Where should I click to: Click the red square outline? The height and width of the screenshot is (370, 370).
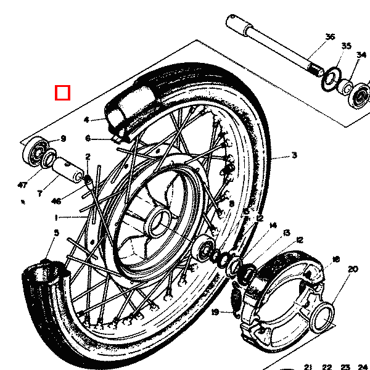pos(63,92)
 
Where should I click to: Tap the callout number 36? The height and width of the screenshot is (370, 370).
pos(330,37)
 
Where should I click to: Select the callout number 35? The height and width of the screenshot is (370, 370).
pos(346,46)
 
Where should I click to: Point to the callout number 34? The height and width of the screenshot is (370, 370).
pos(361,55)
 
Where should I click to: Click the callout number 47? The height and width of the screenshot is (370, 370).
pos(23,185)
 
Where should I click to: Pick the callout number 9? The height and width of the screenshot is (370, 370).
pos(62,139)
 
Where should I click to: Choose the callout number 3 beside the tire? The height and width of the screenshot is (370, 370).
pos(294,155)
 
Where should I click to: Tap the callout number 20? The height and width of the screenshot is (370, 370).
pos(353,269)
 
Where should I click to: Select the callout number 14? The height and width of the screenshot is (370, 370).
pos(273,226)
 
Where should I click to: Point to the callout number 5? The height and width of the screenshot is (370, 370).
pos(56,232)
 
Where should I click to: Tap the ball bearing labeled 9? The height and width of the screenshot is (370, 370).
pos(36,152)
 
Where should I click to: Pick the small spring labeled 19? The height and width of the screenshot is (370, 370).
pos(236,301)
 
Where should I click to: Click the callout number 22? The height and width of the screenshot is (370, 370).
pos(327,366)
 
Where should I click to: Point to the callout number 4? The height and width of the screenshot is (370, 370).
pos(87,120)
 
